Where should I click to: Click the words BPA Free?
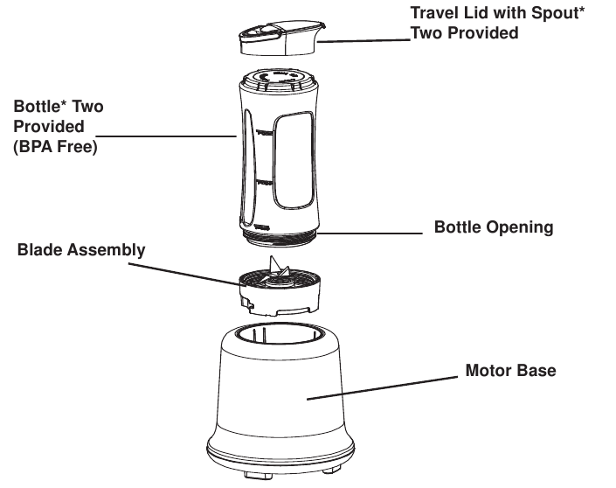click(55, 148)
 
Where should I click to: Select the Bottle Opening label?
click(494, 227)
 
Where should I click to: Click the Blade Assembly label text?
click(81, 250)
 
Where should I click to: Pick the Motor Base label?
click(510, 371)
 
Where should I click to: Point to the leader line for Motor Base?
click(384, 387)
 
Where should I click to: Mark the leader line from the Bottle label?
click(166, 136)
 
